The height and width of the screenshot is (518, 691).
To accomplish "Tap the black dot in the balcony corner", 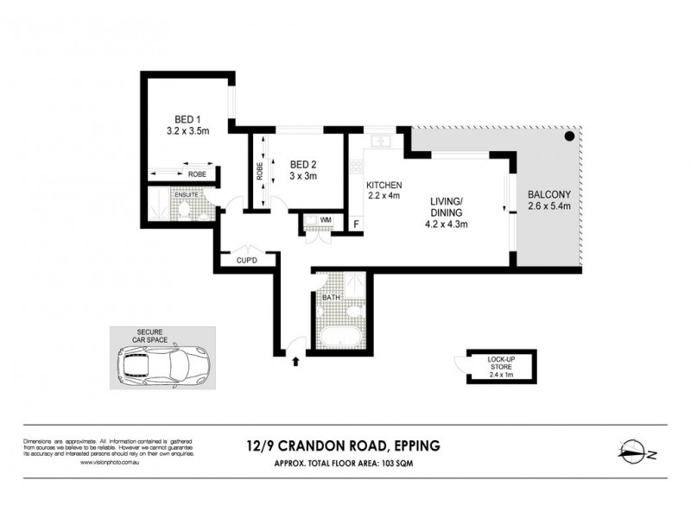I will [569, 136].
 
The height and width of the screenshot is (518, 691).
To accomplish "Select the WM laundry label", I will [326, 221].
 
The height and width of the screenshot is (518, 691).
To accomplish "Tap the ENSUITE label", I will [187, 195].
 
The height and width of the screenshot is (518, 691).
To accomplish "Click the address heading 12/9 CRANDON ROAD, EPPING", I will [345, 446].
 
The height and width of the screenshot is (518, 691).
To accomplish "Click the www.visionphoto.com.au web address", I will [111, 462].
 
